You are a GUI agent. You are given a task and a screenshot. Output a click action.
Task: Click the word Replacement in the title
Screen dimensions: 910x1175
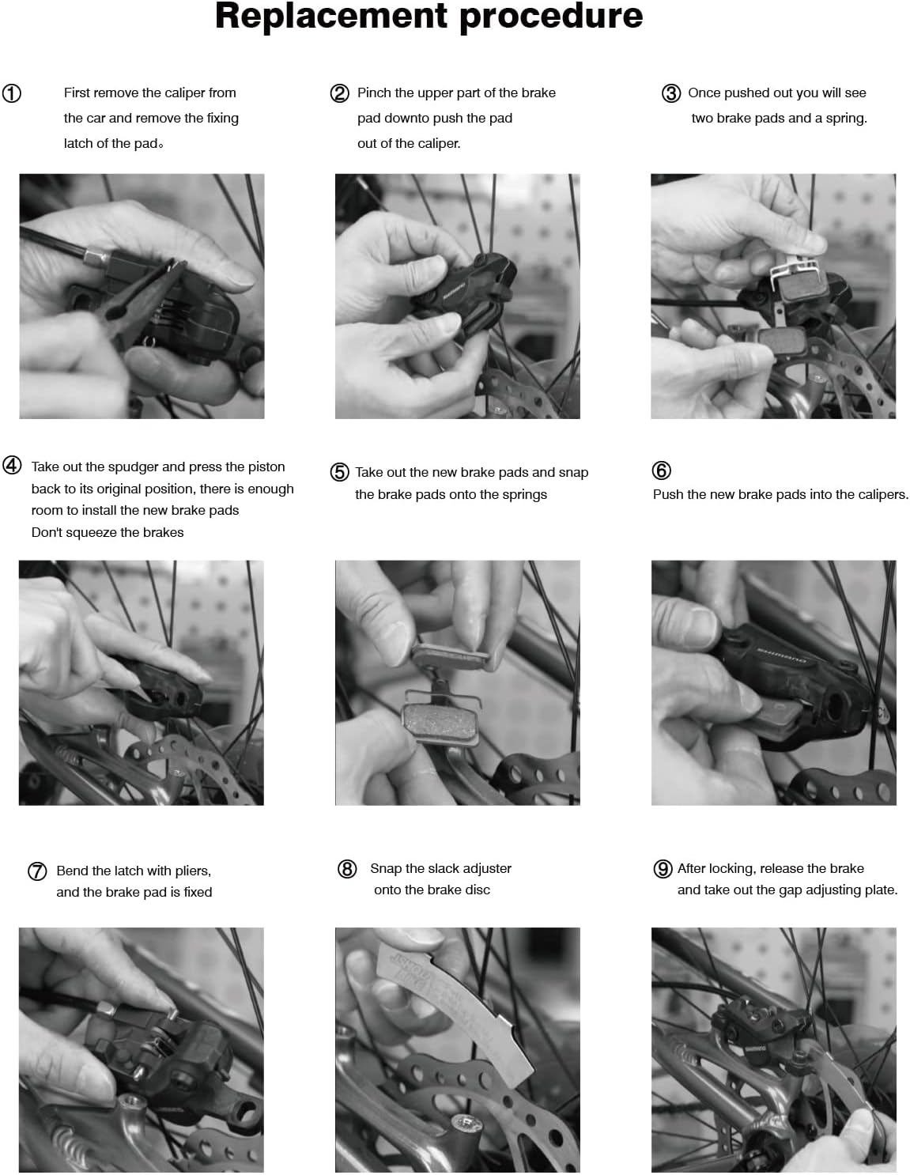331,17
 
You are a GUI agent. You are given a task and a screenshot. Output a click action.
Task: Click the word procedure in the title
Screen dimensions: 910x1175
551,17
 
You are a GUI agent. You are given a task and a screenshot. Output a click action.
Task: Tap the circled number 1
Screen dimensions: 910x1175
11,93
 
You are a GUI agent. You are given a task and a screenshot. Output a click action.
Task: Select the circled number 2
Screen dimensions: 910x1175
339,93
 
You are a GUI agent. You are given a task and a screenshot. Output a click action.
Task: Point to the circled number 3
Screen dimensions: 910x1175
671,93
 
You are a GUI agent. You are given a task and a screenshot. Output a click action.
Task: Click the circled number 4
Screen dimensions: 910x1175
12,465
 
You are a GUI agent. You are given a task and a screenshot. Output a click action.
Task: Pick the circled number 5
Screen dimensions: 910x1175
339,471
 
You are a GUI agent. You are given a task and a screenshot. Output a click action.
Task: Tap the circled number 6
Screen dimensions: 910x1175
661,470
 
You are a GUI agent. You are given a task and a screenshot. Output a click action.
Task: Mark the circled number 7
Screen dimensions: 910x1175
37,871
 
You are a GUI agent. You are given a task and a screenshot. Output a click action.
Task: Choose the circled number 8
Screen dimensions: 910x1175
347,869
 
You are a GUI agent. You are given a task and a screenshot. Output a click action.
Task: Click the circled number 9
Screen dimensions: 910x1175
663,869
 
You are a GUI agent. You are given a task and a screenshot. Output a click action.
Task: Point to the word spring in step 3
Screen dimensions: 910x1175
846,119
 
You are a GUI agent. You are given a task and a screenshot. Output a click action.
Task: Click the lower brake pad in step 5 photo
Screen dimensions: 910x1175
440,725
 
